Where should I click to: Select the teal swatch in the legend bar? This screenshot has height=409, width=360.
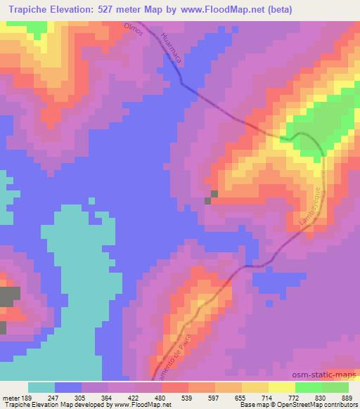[41, 387]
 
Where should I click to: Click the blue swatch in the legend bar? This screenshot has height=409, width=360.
[69, 387]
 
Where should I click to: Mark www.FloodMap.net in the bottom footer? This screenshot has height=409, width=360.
[143, 405]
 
